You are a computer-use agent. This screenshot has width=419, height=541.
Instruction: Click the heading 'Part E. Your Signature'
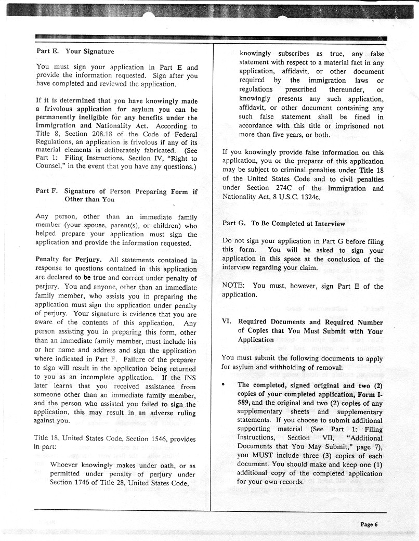pyautogui.click(x=75, y=51)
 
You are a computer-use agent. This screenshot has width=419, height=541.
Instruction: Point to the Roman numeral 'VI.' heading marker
pyautogui.click(x=227, y=323)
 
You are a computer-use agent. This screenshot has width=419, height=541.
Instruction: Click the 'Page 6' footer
pyautogui.click(x=369, y=524)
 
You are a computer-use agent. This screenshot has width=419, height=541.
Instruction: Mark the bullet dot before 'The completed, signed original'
pyautogui.click(x=224, y=385)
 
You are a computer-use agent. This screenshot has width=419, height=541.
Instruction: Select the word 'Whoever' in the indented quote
pyautogui.click(x=64, y=465)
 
